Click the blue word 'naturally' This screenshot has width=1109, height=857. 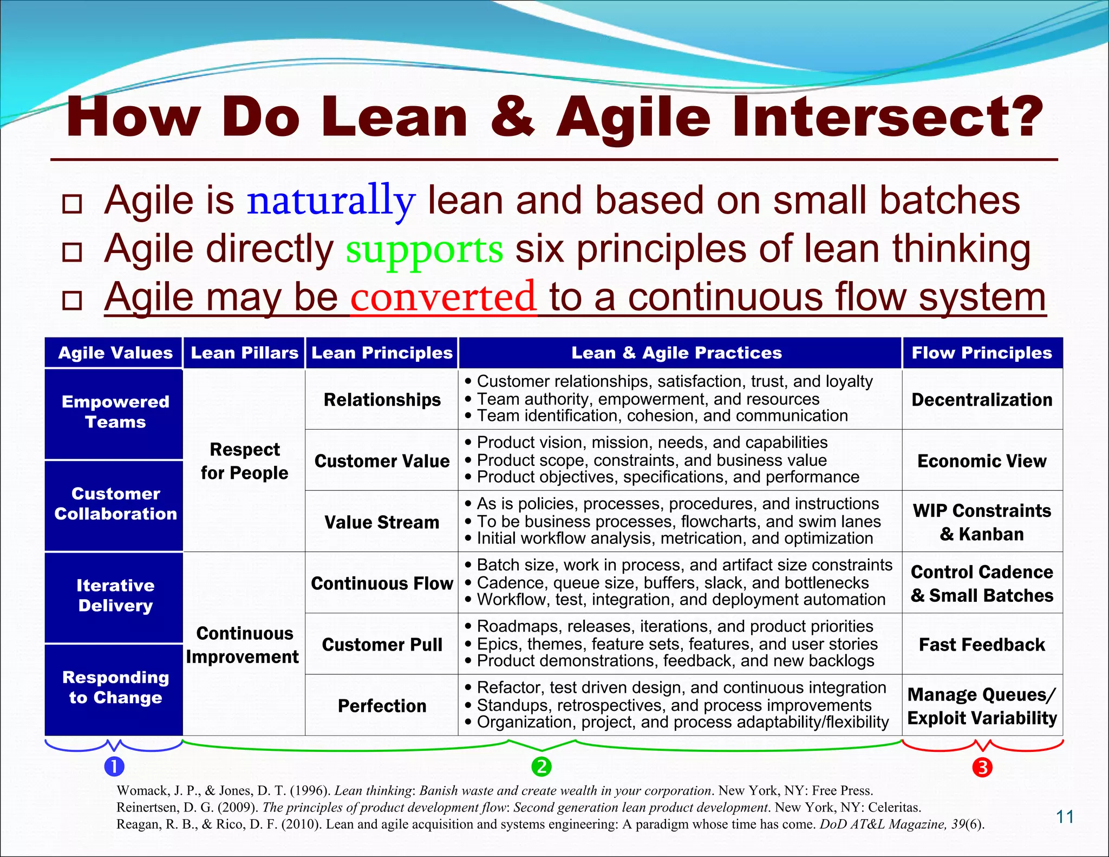[x=331, y=200]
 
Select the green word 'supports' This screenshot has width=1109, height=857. [x=425, y=249]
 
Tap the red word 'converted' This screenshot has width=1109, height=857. [x=443, y=297]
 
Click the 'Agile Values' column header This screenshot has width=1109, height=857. [x=115, y=353]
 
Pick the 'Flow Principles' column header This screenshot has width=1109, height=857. [x=982, y=353]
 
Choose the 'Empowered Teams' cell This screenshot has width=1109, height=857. [x=115, y=412]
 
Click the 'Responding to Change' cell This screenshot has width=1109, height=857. [x=115, y=687]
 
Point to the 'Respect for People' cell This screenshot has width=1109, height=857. [x=244, y=461]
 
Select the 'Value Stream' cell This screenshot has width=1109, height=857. [x=382, y=522]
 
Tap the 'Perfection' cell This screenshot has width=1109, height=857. [x=382, y=706]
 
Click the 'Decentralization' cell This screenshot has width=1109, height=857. [x=982, y=400]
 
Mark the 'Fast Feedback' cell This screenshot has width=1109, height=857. [x=982, y=645]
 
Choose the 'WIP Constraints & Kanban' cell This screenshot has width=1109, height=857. [x=982, y=522]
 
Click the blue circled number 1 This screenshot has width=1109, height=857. [x=114, y=767]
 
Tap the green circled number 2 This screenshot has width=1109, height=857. [x=541, y=767]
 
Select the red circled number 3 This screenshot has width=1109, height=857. [x=982, y=767]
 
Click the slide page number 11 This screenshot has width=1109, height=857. [x=1065, y=817]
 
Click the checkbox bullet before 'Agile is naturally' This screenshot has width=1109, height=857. [x=72, y=204]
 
